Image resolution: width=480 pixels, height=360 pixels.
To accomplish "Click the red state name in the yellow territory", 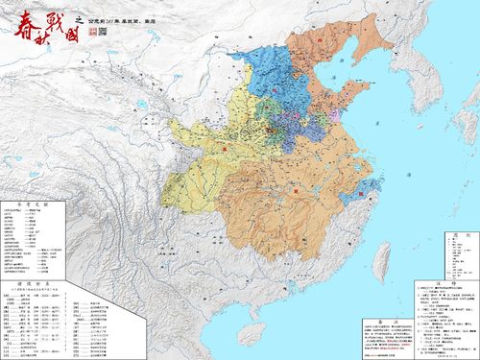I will point(227,149).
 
